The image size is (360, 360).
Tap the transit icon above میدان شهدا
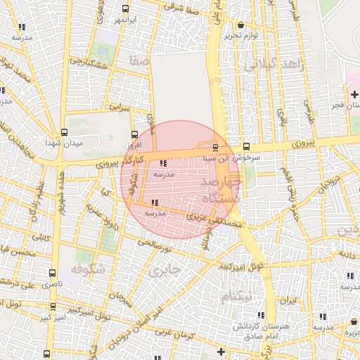pyautogui.click(x=65, y=131)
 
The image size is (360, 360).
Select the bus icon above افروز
pyautogui.click(x=134, y=134)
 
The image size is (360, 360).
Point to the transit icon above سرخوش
pyautogui.click(x=246, y=147)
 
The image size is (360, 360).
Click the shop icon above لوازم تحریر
pyautogui.click(x=228, y=24)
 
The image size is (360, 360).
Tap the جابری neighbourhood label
pyautogui.click(x=166, y=269)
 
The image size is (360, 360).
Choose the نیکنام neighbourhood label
pyautogui.click(x=236, y=297)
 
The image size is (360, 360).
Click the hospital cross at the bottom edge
pyautogui.click(x=221, y=352)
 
